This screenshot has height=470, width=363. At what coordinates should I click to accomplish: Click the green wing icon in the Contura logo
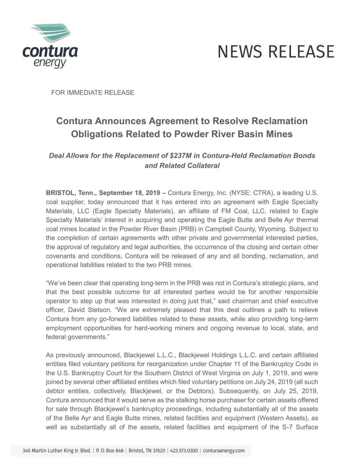(x=51, y=32)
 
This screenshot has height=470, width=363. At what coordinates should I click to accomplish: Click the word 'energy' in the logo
(x=50, y=63)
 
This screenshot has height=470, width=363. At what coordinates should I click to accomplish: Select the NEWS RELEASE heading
(x=276, y=52)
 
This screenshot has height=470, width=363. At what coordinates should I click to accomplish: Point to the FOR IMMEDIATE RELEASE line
(x=93, y=93)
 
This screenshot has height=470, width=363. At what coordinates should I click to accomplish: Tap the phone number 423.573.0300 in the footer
(x=184, y=451)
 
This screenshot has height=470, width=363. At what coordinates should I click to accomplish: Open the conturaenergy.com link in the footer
(x=224, y=451)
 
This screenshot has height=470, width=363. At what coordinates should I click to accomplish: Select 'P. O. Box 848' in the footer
(x=110, y=451)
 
